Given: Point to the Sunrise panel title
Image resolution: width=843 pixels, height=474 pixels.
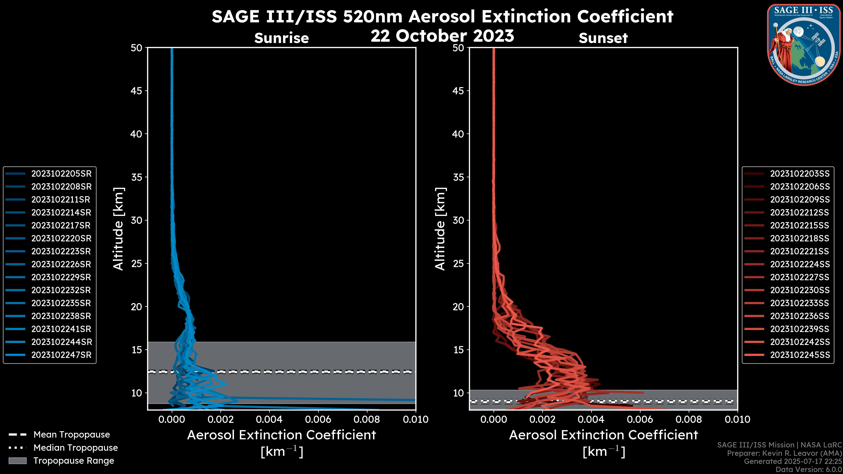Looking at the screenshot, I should coord(281,38).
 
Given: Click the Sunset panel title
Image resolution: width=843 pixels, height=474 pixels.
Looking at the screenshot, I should coord(603,38).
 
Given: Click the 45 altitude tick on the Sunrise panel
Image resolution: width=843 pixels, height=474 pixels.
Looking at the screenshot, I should coord(137,91).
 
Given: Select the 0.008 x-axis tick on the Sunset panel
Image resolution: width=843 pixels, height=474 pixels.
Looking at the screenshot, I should coord(689,419).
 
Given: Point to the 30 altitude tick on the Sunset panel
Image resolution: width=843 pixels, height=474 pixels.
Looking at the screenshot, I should coord(458,221).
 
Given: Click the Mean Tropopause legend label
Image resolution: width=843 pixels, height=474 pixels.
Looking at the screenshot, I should coord(72,435).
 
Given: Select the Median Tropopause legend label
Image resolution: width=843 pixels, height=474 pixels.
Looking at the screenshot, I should coord(76,448).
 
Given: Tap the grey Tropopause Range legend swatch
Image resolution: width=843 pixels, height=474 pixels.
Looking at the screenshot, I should coord(17,461).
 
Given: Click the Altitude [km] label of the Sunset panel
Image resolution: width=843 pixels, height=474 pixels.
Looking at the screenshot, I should coord(440,229).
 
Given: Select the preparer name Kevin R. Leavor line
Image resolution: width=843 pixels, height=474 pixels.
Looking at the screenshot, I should coord(784,453).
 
